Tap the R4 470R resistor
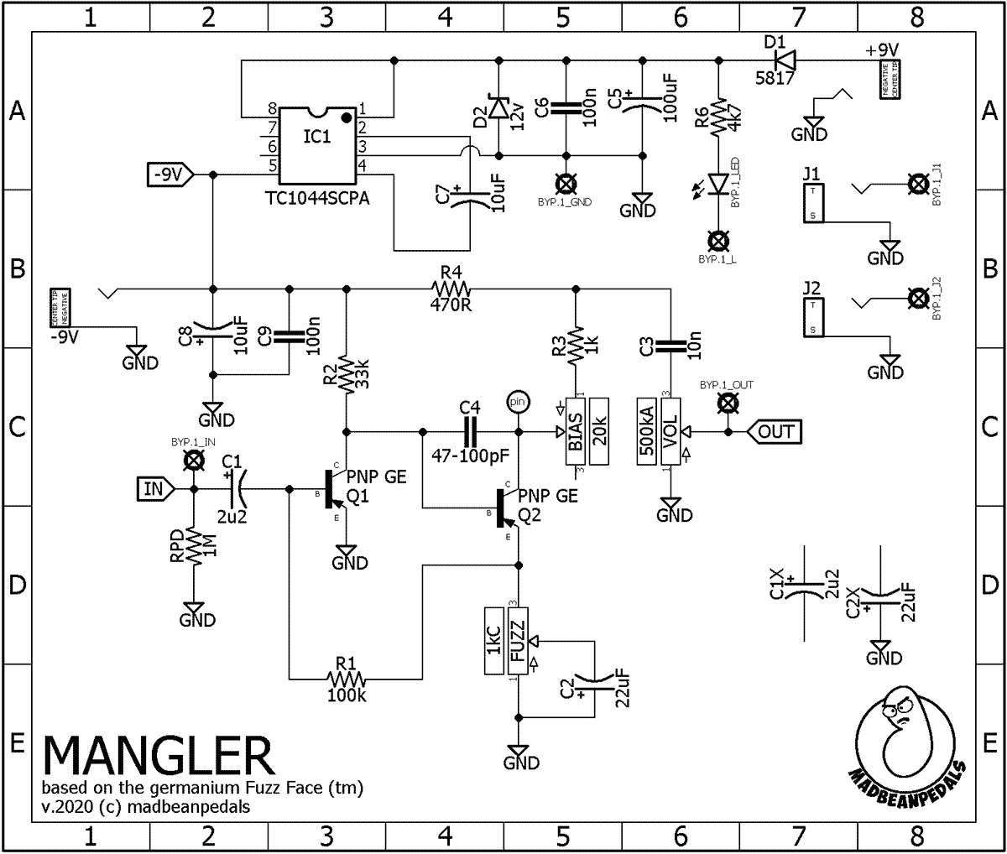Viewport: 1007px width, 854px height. tap(451, 287)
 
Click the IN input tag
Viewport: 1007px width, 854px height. tap(155, 487)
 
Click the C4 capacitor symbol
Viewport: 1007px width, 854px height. tap(469, 432)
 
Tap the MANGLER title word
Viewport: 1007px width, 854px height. tap(158, 758)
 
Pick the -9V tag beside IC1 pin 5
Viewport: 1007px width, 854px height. tap(170, 174)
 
